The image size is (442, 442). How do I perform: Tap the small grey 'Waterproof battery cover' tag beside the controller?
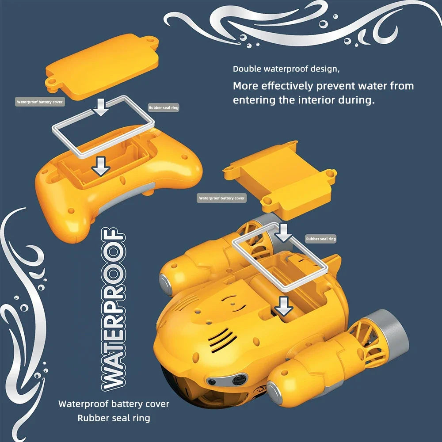40,102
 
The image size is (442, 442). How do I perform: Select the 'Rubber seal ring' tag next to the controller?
164,107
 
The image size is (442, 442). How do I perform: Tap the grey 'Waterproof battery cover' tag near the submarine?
221,198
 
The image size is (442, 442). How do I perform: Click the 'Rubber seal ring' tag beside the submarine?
321,239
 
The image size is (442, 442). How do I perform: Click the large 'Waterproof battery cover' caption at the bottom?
114,404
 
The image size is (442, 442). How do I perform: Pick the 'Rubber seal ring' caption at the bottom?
114,418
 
